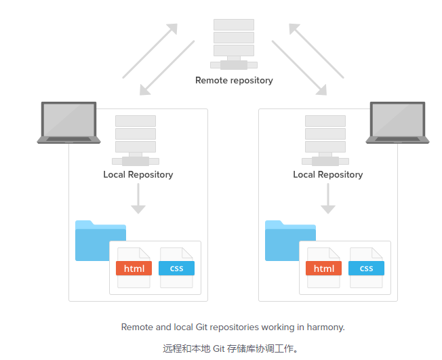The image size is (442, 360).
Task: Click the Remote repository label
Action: click(234, 81)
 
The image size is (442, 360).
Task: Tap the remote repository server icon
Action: click(234, 42)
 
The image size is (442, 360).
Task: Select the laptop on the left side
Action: click(68, 123)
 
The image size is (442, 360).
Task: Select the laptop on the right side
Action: click(397, 123)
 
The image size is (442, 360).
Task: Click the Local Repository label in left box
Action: click(138, 175)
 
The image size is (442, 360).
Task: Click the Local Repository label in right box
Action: click(328, 175)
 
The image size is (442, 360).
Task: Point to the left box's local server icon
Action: click(136, 140)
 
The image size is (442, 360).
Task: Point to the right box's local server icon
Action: click(325, 140)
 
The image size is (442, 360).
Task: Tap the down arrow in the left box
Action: click(138, 199)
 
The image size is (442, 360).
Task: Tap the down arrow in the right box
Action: click(328, 199)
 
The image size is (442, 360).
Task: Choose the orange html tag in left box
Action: click(134, 268)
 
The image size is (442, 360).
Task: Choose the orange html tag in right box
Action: click(323, 268)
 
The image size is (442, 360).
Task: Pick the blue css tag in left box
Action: click(176, 268)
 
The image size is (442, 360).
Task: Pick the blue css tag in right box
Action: click(366, 268)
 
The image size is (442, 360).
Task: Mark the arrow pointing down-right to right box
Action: click(298, 66)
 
